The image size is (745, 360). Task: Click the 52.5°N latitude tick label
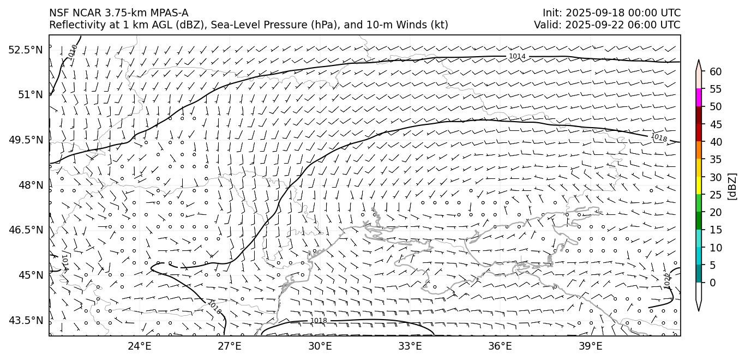tap(25, 50)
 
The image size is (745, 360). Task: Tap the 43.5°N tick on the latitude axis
tap(25, 320)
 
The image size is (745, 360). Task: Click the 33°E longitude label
tap(410, 346)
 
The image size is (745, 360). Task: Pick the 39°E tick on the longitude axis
tap(590, 346)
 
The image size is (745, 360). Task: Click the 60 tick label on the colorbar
tap(716, 71)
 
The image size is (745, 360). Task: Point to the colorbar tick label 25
tap(716, 195)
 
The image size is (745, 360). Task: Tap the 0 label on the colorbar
tap(713, 283)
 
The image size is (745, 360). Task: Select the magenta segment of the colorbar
tap(699, 98)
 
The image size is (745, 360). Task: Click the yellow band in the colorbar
tap(699, 185)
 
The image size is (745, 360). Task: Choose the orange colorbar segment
tap(699, 150)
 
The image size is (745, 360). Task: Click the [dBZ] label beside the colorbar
tap(732, 186)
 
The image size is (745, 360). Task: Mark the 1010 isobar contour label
tap(73, 51)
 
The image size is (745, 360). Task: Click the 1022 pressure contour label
tap(667, 280)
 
